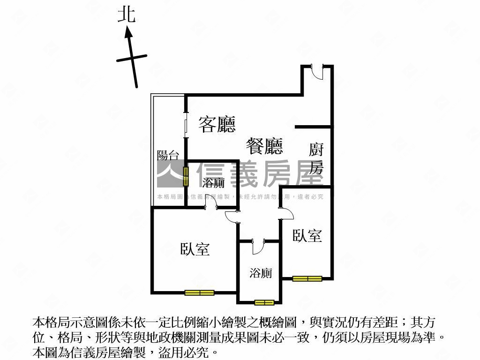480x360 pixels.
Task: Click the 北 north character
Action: pyautogui.click(x=127, y=15)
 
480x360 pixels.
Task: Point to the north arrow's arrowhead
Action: pyautogui.click(x=128, y=32)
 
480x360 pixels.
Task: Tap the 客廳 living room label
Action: pyautogui.click(x=217, y=124)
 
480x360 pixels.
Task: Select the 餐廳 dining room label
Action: pyautogui.click(x=264, y=146)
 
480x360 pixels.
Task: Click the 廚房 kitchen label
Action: pyautogui.click(x=316, y=158)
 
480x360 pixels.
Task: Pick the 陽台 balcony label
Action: pyautogui.click(x=168, y=155)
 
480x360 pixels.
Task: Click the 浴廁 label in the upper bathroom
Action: pyautogui.click(x=213, y=183)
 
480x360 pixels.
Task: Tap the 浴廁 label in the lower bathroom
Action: pyautogui.click(x=261, y=273)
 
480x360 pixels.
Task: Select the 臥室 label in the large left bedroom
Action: pyautogui.click(x=195, y=249)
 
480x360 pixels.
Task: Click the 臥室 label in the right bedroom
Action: pyautogui.click(x=307, y=235)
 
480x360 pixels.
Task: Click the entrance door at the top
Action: pyautogui.click(x=317, y=72)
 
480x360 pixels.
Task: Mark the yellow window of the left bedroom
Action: pyautogui.click(x=199, y=293)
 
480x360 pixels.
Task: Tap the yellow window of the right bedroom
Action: pyautogui.click(x=307, y=278)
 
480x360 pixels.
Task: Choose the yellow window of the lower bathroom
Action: pyautogui.click(x=264, y=303)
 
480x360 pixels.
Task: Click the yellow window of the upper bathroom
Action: pyautogui.click(x=186, y=177)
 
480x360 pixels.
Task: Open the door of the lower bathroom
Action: pyautogui.click(x=258, y=247)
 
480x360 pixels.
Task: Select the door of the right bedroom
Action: pyautogui.click(x=286, y=213)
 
